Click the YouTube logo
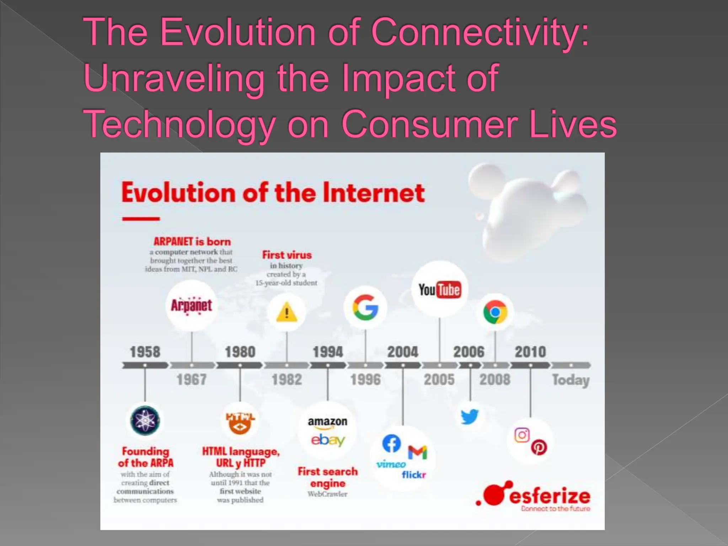(x=439, y=290)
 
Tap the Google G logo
(x=365, y=307)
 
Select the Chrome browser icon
(x=495, y=312)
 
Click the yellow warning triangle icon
(x=287, y=312)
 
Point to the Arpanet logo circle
(x=191, y=306)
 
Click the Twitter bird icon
(x=470, y=417)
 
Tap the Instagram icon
(x=522, y=435)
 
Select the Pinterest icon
(x=539, y=447)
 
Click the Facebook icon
(x=391, y=443)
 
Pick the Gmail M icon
(x=417, y=453)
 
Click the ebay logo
(x=328, y=440)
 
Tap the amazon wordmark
(x=327, y=422)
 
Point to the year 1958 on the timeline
(x=145, y=352)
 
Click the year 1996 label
(x=365, y=380)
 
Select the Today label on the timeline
(x=571, y=380)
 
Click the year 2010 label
(x=530, y=352)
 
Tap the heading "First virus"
(x=287, y=255)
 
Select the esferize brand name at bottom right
(x=550, y=496)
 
